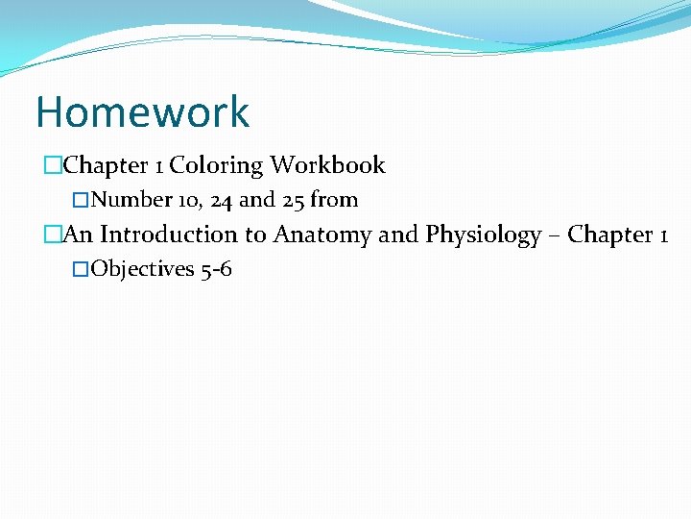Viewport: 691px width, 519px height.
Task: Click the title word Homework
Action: coord(142,112)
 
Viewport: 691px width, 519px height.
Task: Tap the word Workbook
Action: coord(327,165)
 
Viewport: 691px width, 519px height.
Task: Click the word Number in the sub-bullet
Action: coord(132,200)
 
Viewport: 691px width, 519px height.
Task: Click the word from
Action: coord(334,200)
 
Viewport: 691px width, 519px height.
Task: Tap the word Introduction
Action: coord(168,235)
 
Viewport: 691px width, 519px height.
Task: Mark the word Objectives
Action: coord(142,269)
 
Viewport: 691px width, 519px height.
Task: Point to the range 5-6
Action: coord(216,269)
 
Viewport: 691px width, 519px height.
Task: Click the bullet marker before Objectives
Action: coord(81,270)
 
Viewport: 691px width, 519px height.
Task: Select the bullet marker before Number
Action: coord(81,201)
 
